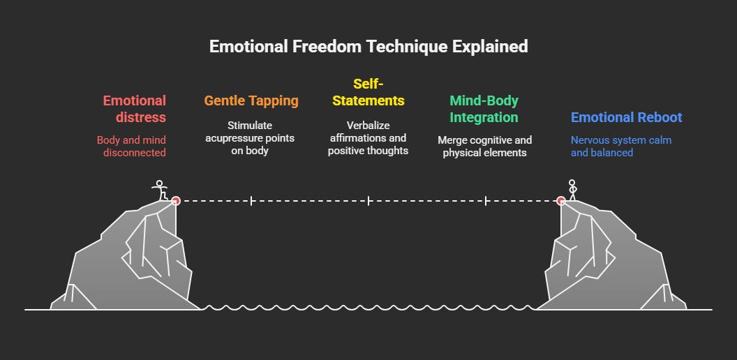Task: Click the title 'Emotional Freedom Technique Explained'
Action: pyautogui.click(x=368, y=47)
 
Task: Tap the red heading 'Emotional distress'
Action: pyautogui.click(x=135, y=109)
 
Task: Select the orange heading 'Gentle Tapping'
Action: pyautogui.click(x=251, y=100)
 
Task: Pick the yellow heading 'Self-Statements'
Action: pyautogui.click(x=368, y=92)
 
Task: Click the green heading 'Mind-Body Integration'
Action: pyautogui.click(x=484, y=109)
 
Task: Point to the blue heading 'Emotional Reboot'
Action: pyautogui.click(x=626, y=118)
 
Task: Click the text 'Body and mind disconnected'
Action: pyautogui.click(x=131, y=147)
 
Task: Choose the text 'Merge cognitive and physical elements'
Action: pyautogui.click(x=484, y=147)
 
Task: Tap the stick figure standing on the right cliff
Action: pyautogui.click(x=572, y=190)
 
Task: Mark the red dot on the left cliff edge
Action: pyautogui.click(x=176, y=201)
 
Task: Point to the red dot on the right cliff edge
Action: pyautogui.click(x=560, y=201)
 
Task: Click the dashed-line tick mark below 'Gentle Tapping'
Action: pyautogui.click(x=251, y=201)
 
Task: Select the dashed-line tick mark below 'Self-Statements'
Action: pyautogui.click(x=368, y=201)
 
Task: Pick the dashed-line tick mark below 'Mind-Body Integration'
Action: pyautogui.click(x=486, y=201)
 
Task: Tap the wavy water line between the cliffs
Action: pyautogui.click(x=368, y=307)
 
